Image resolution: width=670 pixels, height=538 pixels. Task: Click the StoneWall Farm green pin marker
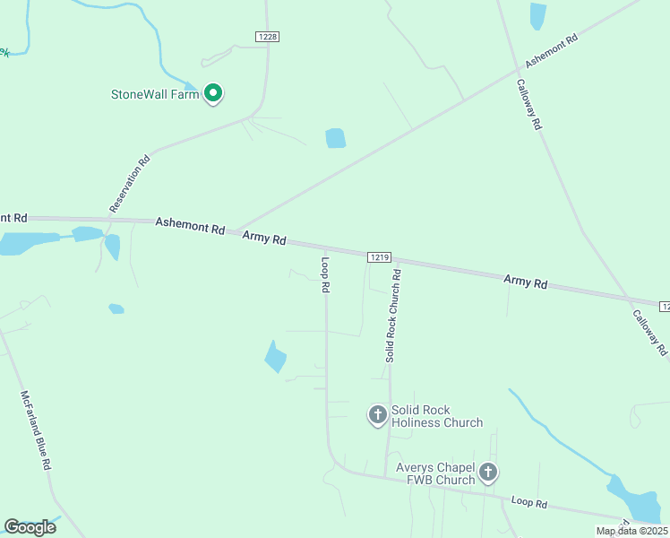click(213, 92)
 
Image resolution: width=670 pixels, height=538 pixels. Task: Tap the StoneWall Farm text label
click(154, 94)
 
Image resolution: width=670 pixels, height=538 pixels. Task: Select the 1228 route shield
click(267, 36)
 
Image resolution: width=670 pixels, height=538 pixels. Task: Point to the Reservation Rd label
click(130, 185)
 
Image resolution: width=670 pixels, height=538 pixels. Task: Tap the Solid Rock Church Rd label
click(392, 315)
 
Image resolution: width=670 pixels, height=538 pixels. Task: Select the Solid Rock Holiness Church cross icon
click(378, 414)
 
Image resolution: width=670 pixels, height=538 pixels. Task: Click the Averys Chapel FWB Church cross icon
click(488, 472)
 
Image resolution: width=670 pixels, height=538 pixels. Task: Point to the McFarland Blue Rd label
click(36, 430)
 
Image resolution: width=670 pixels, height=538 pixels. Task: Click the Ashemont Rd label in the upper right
click(552, 51)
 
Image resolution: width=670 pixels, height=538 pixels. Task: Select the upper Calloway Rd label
click(528, 106)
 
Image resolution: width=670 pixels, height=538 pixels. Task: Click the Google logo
click(30, 526)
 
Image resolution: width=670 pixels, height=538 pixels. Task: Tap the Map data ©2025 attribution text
click(631, 531)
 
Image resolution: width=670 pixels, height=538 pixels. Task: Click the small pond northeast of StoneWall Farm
click(335, 138)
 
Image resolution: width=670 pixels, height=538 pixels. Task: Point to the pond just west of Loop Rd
click(275, 357)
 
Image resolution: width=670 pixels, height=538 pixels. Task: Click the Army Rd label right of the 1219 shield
click(525, 282)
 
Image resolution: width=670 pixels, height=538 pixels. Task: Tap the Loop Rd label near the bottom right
click(528, 502)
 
